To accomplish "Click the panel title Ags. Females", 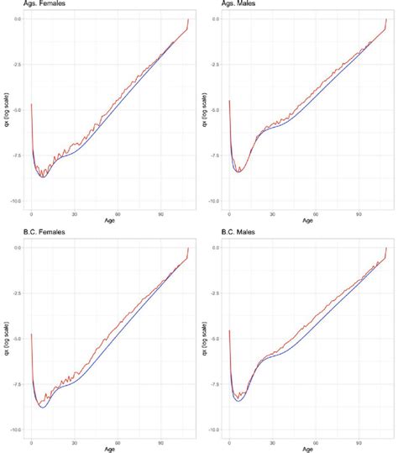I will [x=24, y=5].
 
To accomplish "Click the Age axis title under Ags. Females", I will [x=110, y=223].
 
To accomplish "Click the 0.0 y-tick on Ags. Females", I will [x=18, y=18].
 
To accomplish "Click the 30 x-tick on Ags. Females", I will [x=75, y=214].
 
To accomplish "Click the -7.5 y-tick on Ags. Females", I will [x=18, y=155].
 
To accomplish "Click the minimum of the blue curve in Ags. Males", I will [x=238, y=171].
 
